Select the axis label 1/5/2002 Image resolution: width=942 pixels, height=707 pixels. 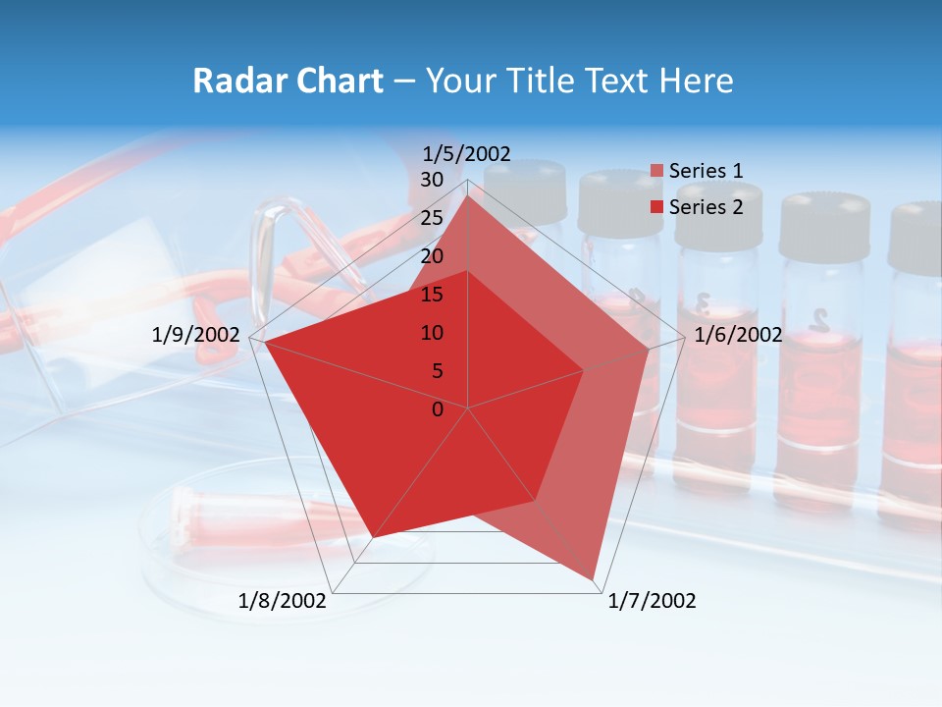467,153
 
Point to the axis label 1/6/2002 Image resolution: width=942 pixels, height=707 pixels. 738,335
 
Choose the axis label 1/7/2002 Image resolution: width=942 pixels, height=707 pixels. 652,601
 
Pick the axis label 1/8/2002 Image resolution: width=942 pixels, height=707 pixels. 283,601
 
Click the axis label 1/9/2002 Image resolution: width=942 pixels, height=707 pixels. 196,335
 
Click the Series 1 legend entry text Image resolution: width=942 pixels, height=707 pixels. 706,171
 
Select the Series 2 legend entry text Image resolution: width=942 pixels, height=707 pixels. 706,207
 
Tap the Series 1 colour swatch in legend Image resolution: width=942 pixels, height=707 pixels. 656,172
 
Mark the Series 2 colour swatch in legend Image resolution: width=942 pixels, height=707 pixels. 656,208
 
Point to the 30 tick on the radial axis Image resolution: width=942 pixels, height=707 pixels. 432,180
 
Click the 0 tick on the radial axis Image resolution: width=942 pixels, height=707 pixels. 438,409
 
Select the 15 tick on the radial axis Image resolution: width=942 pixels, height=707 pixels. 432,295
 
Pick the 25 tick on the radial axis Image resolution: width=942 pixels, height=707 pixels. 432,218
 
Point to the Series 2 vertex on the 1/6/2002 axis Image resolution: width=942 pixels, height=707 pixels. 584,370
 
